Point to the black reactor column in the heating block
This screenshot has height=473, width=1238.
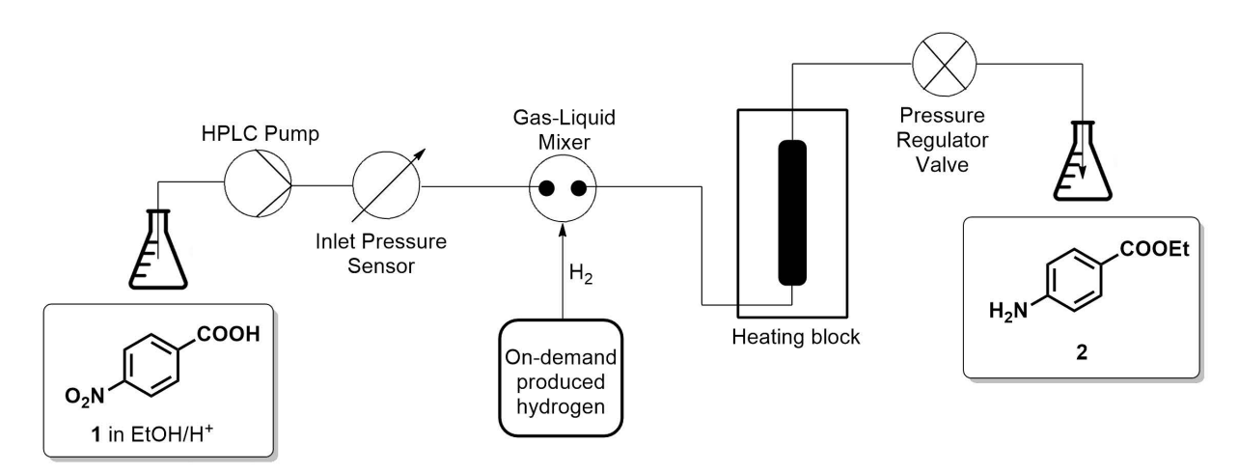(x=792, y=211)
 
